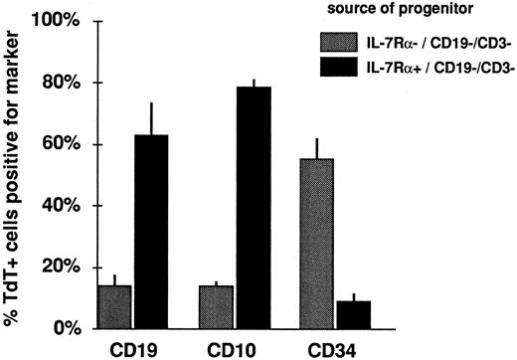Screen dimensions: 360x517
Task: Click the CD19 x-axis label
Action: [x=134, y=349]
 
